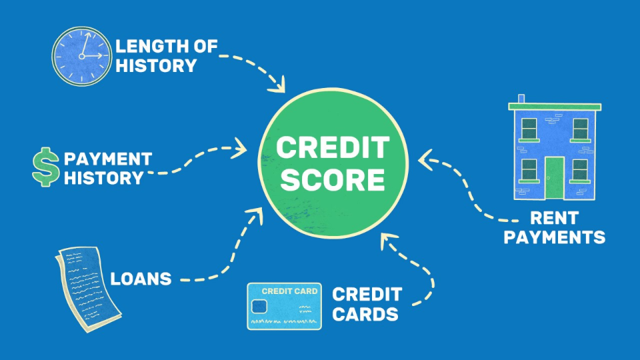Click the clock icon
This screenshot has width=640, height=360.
[x=81, y=56]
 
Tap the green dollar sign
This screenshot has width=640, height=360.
[x=45, y=167]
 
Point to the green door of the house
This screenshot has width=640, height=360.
[x=554, y=178]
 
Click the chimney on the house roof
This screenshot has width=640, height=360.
[x=521, y=99]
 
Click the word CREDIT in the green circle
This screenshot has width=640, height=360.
[x=332, y=147]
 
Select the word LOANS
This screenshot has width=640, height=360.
[x=141, y=279]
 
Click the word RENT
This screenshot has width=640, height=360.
[x=553, y=218]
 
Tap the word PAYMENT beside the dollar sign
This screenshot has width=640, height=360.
[x=108, y=159]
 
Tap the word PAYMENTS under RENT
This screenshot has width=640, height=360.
[x=554, y=237]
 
